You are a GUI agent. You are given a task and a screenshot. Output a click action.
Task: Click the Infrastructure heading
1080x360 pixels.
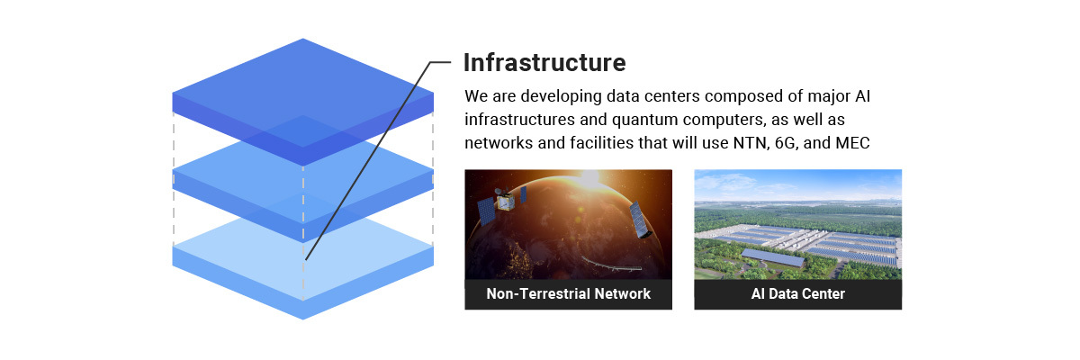pos(544,63)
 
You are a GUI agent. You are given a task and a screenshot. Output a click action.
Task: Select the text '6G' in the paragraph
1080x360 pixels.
pos(785,143)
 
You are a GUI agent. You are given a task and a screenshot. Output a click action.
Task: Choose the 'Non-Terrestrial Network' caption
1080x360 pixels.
pos(569,294)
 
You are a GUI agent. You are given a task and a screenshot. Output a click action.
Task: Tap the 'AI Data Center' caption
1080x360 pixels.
pos(798,294)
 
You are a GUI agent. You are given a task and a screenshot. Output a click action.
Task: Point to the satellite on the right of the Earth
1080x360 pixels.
pos(640,220)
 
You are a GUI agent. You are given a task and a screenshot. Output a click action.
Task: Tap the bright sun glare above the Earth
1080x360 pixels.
pos(589,179)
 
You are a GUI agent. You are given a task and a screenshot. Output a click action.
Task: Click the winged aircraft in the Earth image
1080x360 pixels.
pos(611,265)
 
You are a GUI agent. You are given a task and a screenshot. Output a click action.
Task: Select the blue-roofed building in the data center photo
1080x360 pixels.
pos(773,257)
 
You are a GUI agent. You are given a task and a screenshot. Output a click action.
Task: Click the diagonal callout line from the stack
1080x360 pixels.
pos(367,161)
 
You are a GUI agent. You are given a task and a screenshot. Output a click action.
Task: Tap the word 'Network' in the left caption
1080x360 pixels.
pos(623,294)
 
